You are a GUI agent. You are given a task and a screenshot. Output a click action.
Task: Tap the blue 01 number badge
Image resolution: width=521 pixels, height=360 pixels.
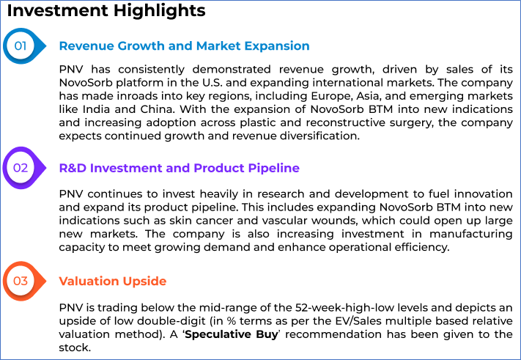[24, 46]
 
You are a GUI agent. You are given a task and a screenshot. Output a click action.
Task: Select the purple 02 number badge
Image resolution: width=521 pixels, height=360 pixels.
[24, 168]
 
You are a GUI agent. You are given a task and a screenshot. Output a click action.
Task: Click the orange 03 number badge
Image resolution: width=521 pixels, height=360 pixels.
[24, 282]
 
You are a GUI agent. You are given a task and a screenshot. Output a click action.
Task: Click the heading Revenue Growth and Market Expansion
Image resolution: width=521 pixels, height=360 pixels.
[184, 46]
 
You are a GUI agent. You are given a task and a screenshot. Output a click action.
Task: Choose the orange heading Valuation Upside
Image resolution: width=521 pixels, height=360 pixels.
[113, 282]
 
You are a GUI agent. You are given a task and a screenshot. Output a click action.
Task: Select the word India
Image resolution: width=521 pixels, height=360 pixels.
[96, 109]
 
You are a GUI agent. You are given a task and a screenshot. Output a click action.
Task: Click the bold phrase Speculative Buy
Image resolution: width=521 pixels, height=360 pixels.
[232, 334]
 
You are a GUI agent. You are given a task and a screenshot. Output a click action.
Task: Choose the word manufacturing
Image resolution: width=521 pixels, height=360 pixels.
[471, 235]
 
